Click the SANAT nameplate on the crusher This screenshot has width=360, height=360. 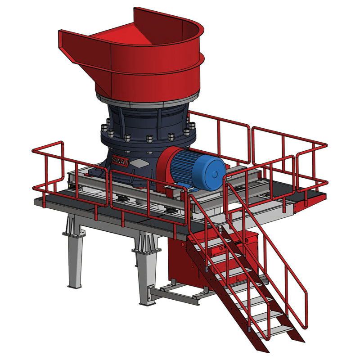tap(120, 160)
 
